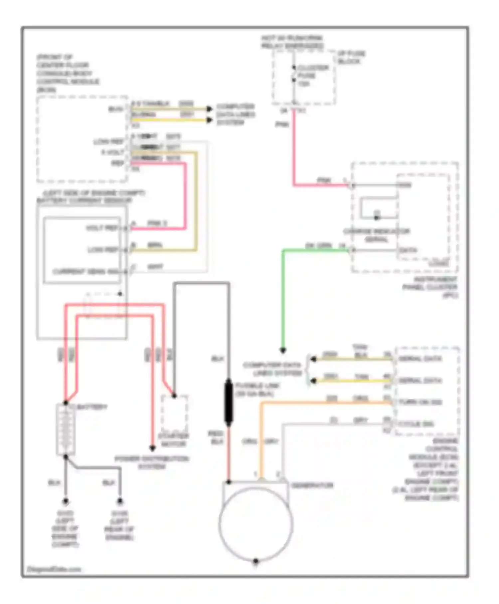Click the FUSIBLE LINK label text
click(257, 390)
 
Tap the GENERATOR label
click(312, 485)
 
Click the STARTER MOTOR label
click(173, 440)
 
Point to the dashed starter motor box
click(174, 414)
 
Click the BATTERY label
click(92, 407)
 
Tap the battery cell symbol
click(66, 430)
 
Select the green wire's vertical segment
click(283, 300)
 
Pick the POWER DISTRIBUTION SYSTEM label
click(152, 462)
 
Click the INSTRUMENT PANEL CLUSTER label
click(430, 287)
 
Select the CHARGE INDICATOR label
click(376, 235)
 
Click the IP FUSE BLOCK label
click(351, 57)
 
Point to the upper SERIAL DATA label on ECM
click(420, 359)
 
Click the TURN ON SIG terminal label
click(420, 402)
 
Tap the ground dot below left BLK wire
click(66, 501)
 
